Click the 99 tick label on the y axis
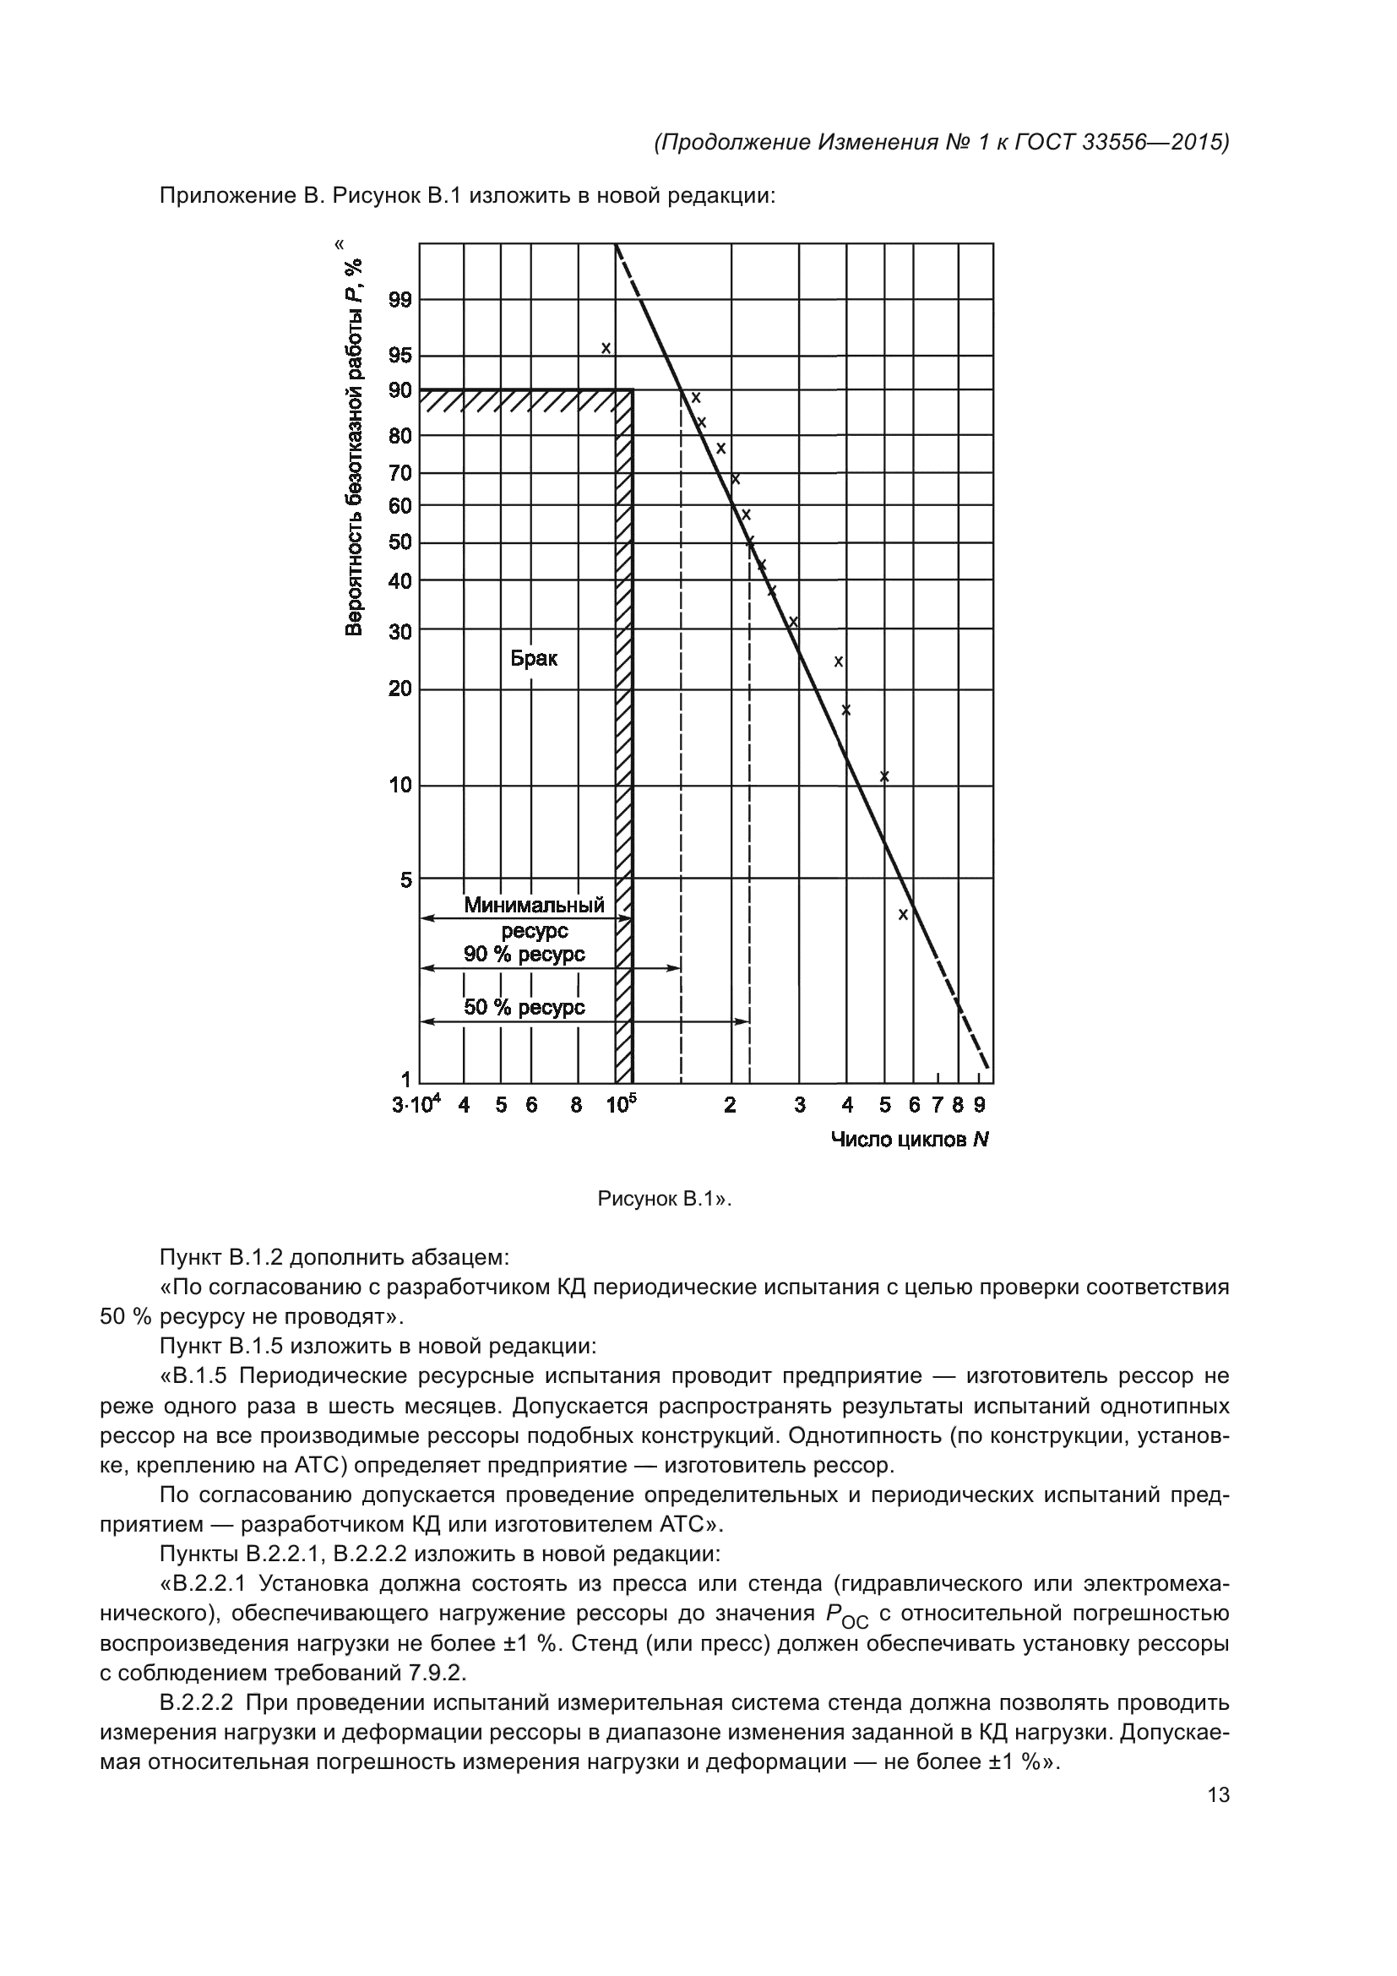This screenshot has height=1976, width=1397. coord(400,301)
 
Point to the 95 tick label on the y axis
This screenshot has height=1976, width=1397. coord(400,356)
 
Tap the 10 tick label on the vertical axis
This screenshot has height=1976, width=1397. coord(400,785)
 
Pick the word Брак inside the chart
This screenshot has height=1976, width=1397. coord(533,658)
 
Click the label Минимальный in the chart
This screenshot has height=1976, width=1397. coord(534,905)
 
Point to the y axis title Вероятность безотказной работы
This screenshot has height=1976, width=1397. coord(354,447)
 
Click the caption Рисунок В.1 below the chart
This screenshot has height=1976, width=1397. coord(663,1199)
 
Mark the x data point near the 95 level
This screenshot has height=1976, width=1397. coord(606,349)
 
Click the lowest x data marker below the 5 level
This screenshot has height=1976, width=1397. coord(903,915)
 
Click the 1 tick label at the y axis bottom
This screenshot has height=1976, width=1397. coord(406,1081)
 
